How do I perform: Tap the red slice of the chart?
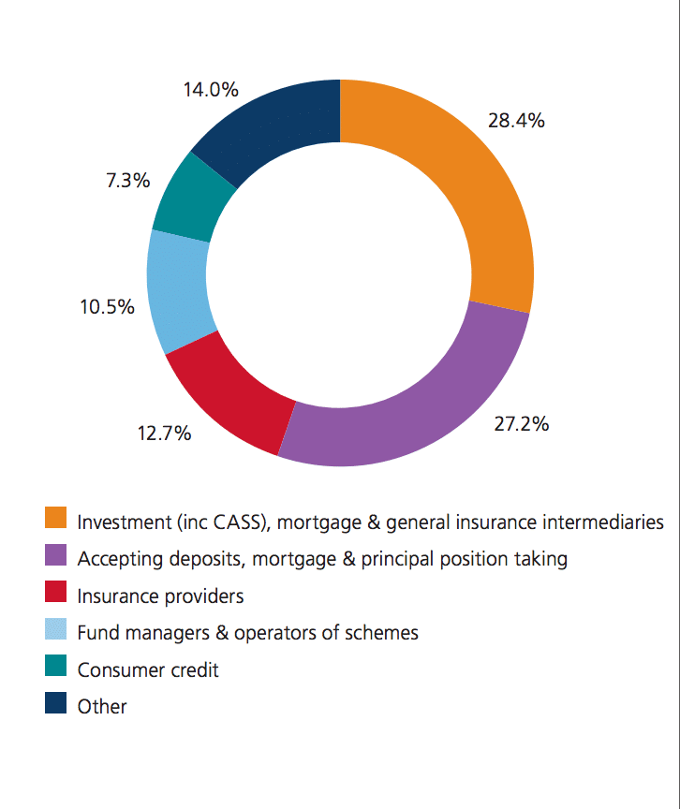point(234,393)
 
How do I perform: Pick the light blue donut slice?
point(178,290)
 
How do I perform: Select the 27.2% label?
point(522,423)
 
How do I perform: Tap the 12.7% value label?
point(164,434)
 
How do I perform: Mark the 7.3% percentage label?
point(127,181)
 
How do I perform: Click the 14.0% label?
point(211,90)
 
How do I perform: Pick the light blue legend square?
point(56,629)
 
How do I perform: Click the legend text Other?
point(102,707)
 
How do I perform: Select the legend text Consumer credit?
point(148,670)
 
